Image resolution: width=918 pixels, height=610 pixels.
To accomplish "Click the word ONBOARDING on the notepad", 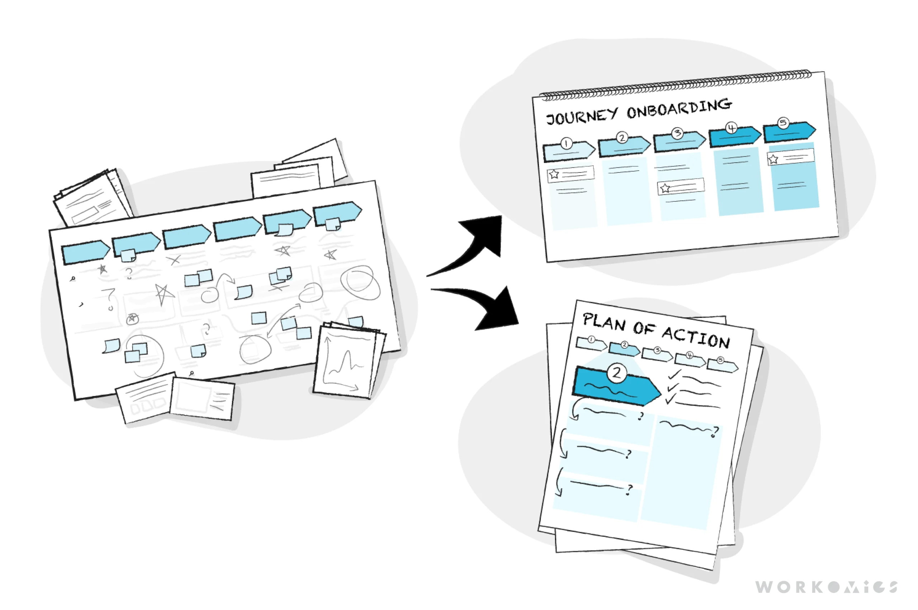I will pos(679,109).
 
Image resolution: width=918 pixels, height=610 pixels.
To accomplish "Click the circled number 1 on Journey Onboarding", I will pos(566,144).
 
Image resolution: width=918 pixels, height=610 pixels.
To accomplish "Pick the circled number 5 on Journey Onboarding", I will pos(783,123).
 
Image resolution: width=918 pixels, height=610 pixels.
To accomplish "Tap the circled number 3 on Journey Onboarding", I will pos(677,133).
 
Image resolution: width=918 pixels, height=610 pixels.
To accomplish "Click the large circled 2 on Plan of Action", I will pos(616,373).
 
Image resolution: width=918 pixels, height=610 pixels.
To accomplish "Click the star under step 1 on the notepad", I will pos(554,174).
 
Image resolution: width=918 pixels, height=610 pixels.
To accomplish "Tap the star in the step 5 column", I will pos(773,159).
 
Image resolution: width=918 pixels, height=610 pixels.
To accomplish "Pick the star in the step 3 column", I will pos(665,188).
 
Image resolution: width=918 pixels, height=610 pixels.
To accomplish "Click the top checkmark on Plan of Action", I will pos(674,375).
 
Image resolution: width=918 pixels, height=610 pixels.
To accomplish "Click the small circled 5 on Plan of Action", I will pos(720,360).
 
